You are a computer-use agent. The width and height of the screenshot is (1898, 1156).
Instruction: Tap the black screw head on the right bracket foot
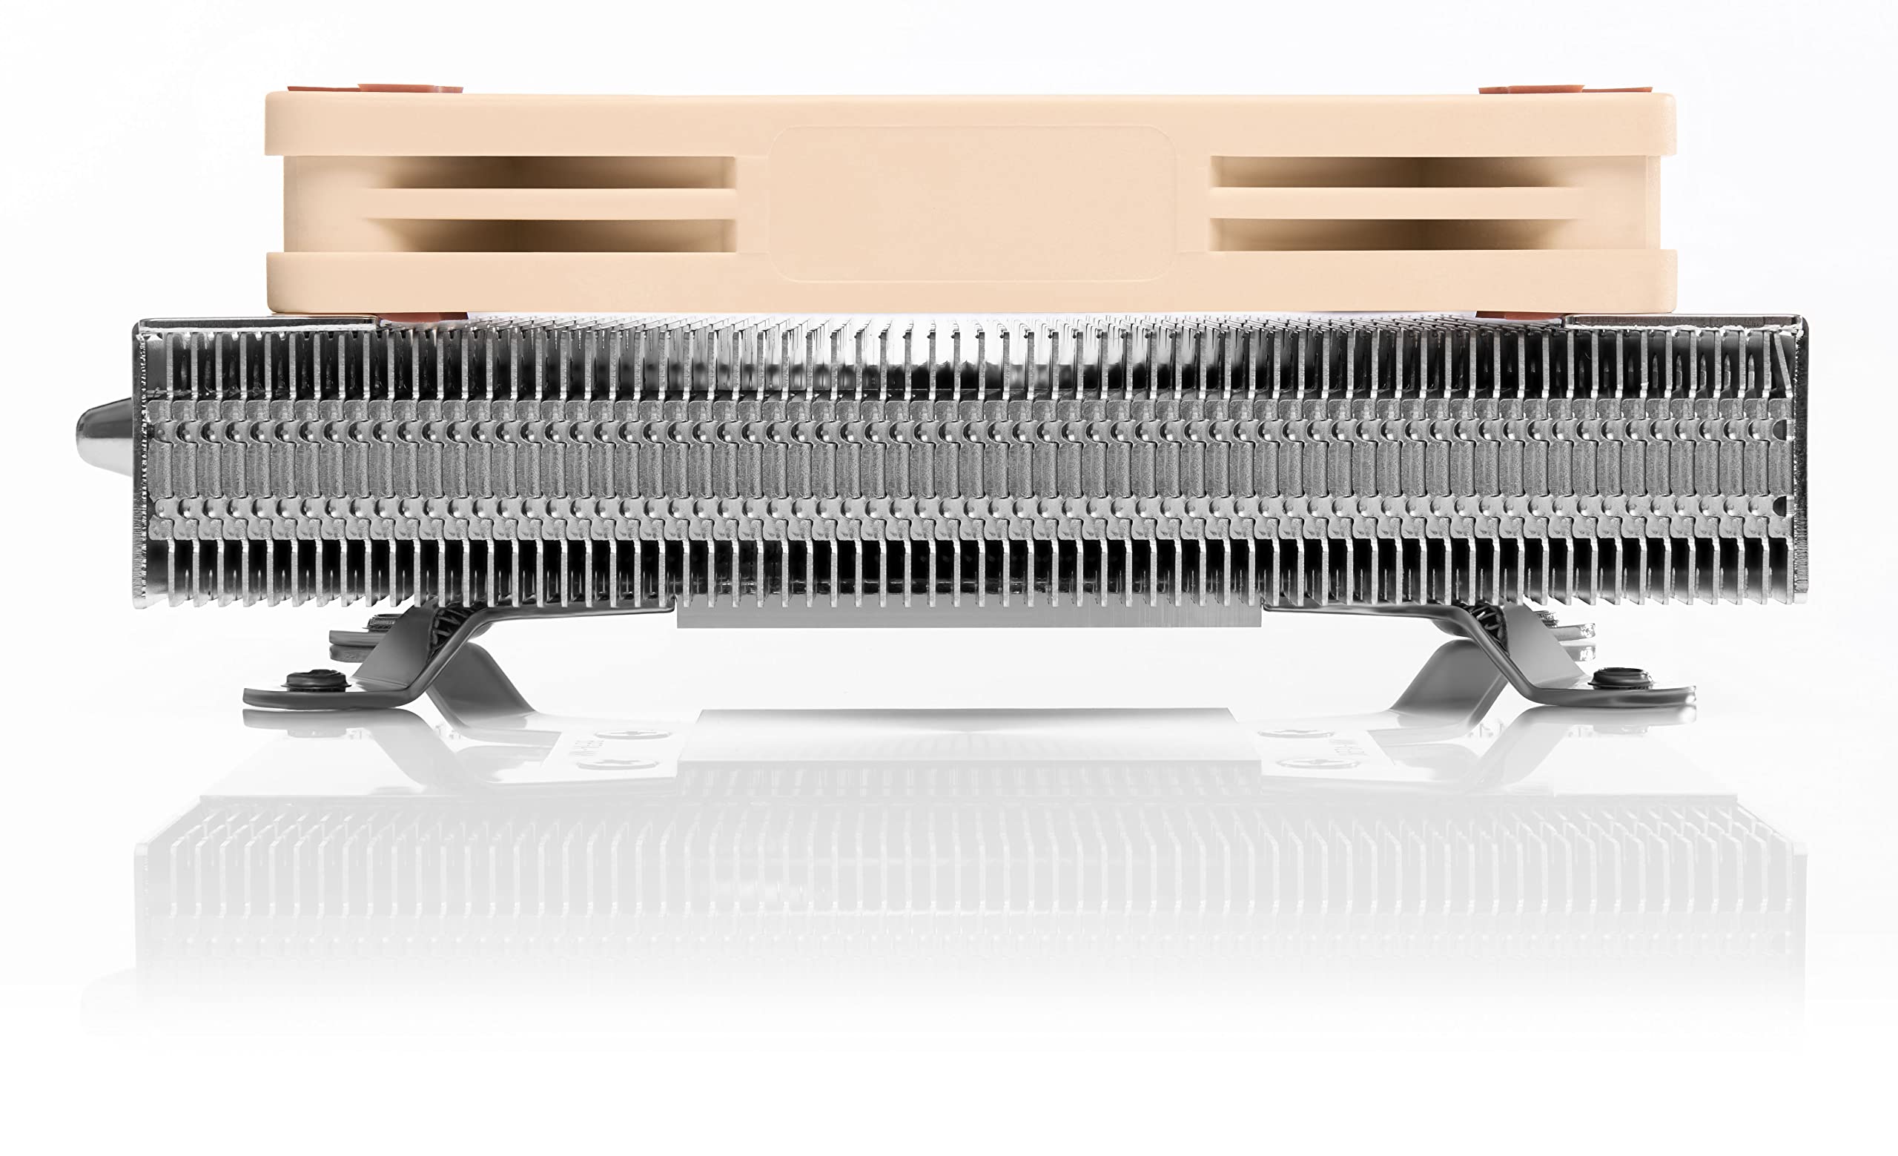point(1619,677)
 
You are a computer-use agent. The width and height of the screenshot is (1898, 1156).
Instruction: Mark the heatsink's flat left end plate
point(141,462)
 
